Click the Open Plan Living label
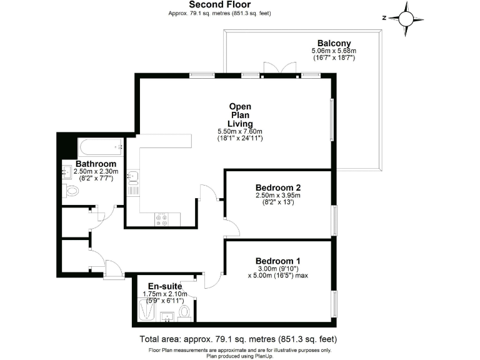click(240, 114)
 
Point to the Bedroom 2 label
click(278, 187)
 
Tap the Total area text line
click(237, 339)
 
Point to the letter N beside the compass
click(386, 17)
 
